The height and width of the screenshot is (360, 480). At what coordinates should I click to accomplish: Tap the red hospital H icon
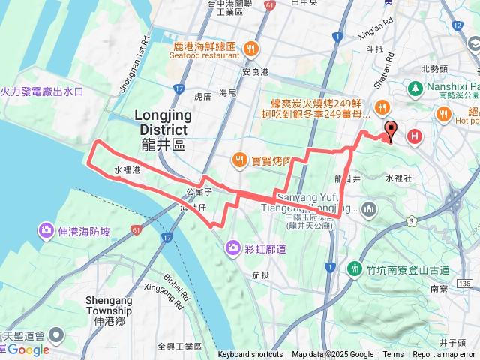[x=415, y=136]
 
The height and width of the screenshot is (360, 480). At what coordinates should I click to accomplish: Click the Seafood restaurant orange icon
[x=250, y=49]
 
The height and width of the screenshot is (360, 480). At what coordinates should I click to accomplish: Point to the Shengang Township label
[x=109, y=305]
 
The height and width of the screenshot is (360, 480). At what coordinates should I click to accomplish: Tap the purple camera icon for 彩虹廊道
[x=233, y=247]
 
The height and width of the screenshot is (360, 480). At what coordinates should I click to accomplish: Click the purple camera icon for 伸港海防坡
[x=46, y=230]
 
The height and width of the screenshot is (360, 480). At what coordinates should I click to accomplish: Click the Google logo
[x=28, y=349]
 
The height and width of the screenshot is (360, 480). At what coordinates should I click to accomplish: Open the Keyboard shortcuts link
[x=250, y=355]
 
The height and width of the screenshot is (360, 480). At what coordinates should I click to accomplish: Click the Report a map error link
[x=444, y=355]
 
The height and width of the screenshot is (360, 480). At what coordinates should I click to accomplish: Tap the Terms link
[x=393, y=355]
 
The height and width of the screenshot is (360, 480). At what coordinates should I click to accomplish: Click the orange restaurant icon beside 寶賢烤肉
[x=240, y=159]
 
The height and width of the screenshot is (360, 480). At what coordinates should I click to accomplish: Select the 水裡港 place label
[x=127, y=171]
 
